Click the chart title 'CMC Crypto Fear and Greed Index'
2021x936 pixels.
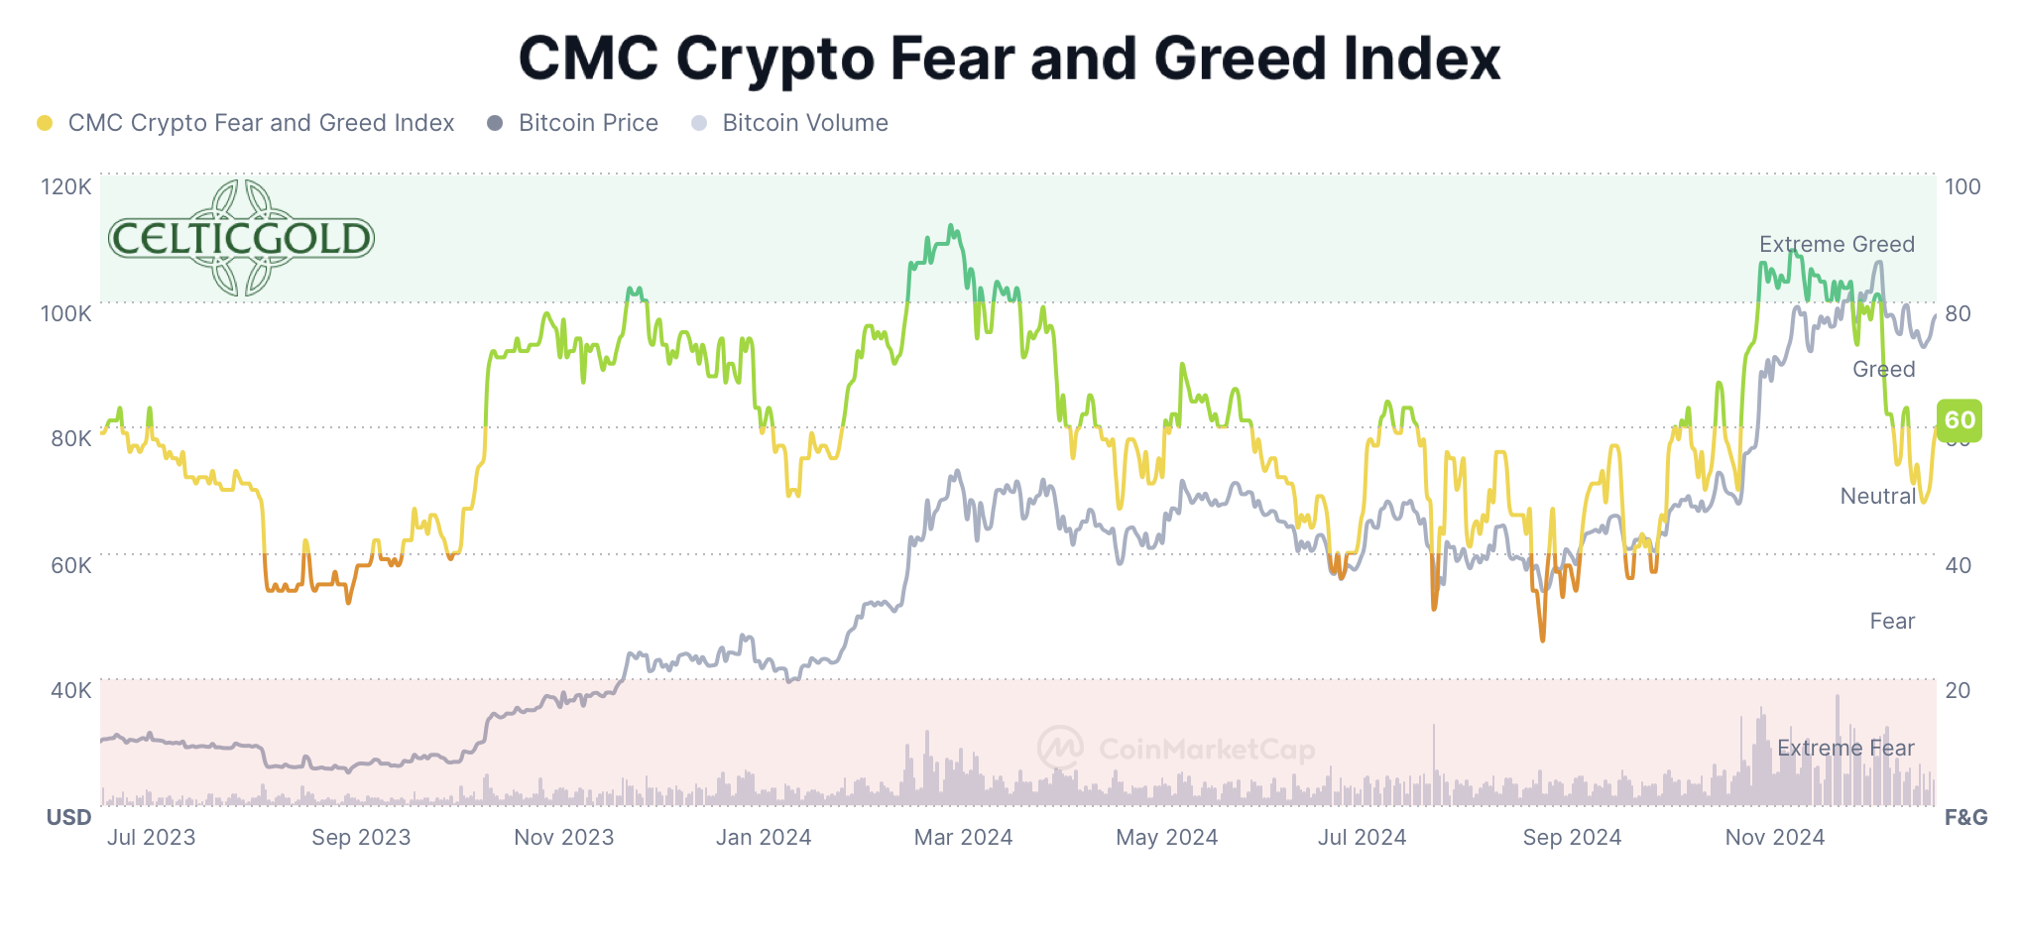(x=1010, y=58)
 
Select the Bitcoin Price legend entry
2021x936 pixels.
(x=587, y=123)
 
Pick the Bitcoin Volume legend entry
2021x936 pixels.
(x=804, y=123)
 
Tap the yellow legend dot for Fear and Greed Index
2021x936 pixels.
(x=45, y=123)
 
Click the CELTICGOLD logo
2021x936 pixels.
(x=241, y=238)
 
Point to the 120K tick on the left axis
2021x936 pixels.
(x=65, y=186)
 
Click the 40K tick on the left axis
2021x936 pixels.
(x=70, y=690)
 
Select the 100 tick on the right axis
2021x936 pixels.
(x=1962, y=186)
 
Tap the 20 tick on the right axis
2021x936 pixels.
(x=1958, y=690)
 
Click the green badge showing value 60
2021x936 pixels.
(x=1960, y=420)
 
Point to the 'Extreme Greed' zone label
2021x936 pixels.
(x=1837, y=244)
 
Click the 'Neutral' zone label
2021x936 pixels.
(x=1877, y=496)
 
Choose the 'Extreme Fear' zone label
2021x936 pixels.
(x=1845, y=748)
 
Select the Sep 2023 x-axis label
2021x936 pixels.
(x=361, y=837)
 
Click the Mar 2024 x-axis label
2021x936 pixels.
(x=963, y=837)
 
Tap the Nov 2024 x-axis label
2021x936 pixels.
(x=1774, y=837)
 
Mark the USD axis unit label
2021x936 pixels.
(x=68, y=817)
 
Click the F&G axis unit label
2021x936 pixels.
(x=1965, y=817)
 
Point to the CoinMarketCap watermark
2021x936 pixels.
(x=1177, y=748)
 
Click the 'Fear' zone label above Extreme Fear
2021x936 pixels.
(x=1892, y=621)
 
